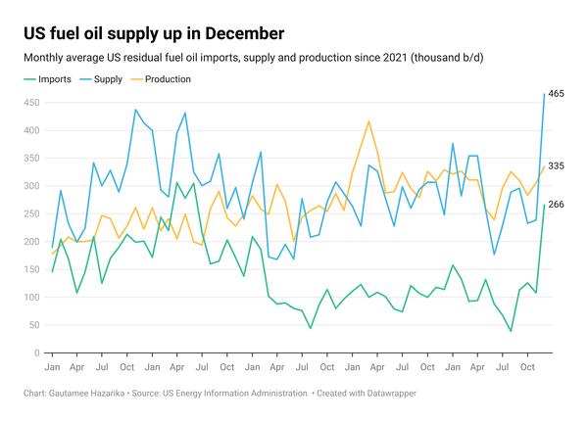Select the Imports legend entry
click(x=55, y=78)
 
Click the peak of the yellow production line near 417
click(x=368, y=121)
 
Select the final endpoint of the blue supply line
click(x=545, y=93)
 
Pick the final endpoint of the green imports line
click(x=545, y=205)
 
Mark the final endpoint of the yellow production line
click(x=545, y=166)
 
